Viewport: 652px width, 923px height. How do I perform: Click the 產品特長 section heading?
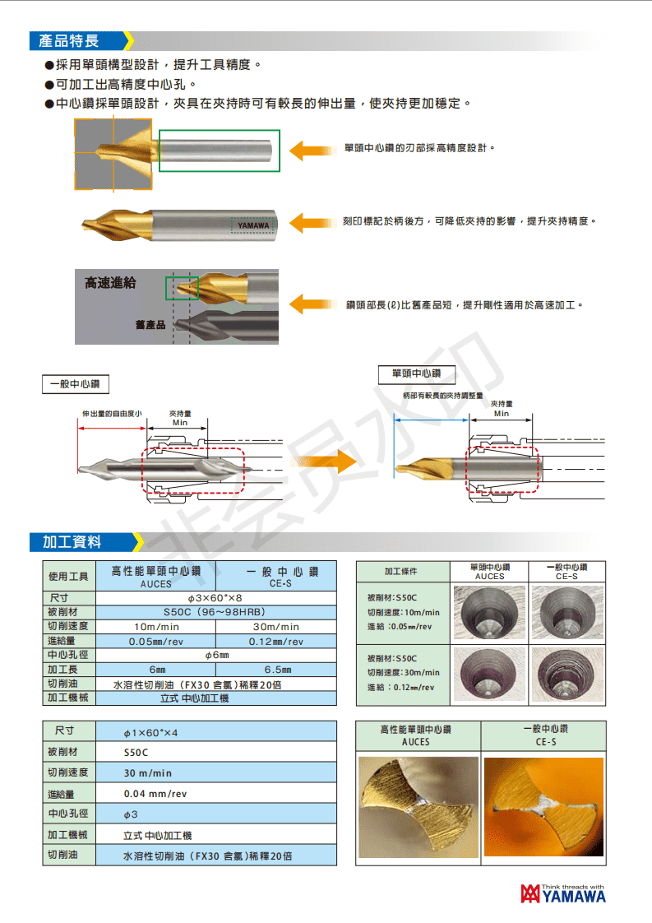coord(69,41)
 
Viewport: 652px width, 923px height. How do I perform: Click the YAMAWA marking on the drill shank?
coord(253,225)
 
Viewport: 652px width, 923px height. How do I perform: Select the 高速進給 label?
coord(110,283)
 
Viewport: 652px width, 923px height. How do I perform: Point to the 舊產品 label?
coord(150,325)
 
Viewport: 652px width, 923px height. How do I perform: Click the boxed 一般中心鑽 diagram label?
coord(76,383)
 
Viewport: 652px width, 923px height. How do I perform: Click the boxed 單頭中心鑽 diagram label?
coord(416,373)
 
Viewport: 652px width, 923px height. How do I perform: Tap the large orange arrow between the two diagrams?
coord(323,466)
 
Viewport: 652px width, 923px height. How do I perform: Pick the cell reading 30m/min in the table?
coord(275,627)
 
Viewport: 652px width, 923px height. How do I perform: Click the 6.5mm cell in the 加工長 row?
coord(275,670)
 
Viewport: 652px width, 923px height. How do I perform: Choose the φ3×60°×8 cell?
coord(215,598)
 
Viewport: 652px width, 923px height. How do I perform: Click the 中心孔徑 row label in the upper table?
coord(69,656)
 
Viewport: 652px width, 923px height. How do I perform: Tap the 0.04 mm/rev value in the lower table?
coord(155,794)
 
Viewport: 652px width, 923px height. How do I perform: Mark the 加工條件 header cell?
coord(401,571)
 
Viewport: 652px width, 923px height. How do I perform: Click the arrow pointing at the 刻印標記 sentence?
coord(309,222)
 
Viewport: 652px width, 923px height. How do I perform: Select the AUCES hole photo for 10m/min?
coord(490,612)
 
